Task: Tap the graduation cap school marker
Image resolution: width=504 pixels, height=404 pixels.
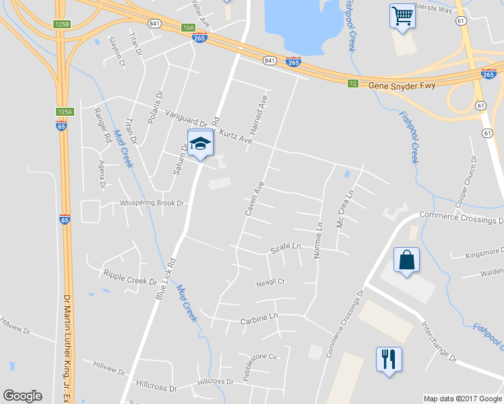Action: (x=200, y=144)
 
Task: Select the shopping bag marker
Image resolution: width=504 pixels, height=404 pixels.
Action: (x=406, y=261)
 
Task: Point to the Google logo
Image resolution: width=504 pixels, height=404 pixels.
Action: (x=22, y=396)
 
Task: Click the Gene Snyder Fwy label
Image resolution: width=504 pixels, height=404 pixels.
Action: (x=402, y=86)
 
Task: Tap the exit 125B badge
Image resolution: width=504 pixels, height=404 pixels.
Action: (x=62, y=24)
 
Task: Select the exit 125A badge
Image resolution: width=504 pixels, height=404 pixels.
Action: (x=63, y=112)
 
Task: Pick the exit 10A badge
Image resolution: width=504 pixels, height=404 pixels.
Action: (x=188, y=28)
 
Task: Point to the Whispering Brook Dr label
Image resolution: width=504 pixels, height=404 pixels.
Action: (x=152, y=203)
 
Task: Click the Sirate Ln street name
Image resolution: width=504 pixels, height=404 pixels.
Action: (x=285, y=247)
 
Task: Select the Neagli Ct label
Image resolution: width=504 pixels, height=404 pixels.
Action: (x=271, y=283)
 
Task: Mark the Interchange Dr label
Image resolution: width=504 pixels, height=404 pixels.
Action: (x=439, y=343)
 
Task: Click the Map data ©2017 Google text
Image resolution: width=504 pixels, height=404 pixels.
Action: (x=463, y=399)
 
